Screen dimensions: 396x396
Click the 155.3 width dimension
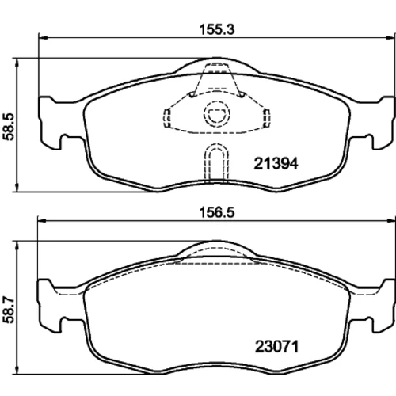pos(217,29)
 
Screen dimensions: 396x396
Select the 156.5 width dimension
pos(217,212)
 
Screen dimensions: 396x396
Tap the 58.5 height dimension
pos(9,127)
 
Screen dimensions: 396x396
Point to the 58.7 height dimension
pos(9,310)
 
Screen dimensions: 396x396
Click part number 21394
pos(276,163)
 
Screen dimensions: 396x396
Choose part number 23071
pos(276,347)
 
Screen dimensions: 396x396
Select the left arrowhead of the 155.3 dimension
pos(43,38)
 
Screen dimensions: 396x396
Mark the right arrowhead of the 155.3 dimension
pos(390,38)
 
